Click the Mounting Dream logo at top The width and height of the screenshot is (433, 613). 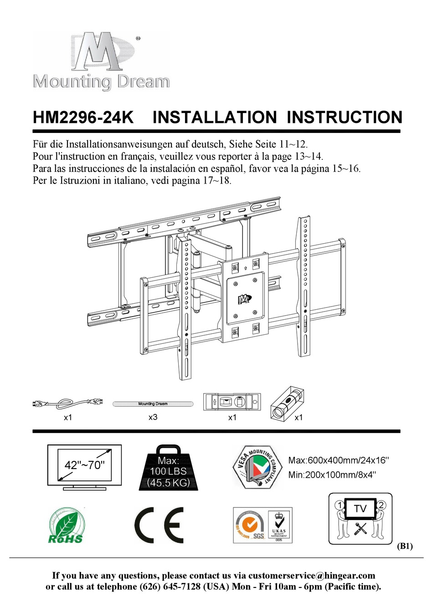tap(101, 61)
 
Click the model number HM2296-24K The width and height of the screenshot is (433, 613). tap(83, 117)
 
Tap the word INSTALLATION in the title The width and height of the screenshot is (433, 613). tap(215, 117)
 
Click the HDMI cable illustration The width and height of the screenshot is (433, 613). tap(68, 403)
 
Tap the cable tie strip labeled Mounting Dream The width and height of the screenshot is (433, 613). tap(153, 404)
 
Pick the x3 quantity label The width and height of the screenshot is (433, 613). tap(153, 417)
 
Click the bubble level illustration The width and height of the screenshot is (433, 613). tap(232, 402)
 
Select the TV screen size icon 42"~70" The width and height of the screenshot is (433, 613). tap(85, 466)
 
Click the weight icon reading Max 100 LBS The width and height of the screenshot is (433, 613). tap(168, 469)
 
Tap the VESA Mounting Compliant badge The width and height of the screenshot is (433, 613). tap(258, 467)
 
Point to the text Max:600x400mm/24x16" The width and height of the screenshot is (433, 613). tap(339, 460)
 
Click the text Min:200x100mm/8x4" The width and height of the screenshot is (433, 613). tap(332, 475)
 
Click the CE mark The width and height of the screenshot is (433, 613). tap(159, 525)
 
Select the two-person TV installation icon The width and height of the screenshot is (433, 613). tap(360, 518)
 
